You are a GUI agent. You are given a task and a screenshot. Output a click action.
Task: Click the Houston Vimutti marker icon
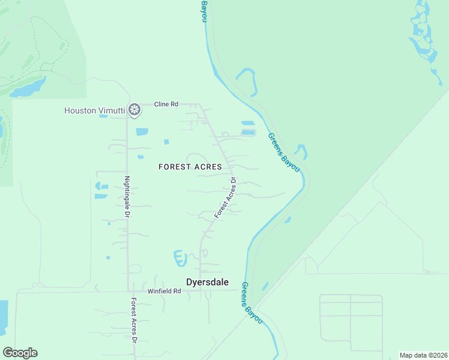pyautogui.click(x=136, y=110)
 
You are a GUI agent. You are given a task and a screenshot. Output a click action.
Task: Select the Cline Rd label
pyautogui.click(x=166, y=104)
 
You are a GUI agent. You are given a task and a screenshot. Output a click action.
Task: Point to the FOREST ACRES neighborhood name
pyautogui.click(x=190, y=167)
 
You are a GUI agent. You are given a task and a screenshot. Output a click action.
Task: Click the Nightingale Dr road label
pyautogui.click(x=127, y=196)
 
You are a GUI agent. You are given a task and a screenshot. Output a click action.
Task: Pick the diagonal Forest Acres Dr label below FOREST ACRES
pyautogui.click(x=226, y=197)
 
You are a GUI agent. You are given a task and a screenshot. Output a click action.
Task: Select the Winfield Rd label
pyautogui.click(x=164, y=291)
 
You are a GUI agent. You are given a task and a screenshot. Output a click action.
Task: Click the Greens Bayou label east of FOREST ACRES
pyautogui.click(x=283, y=152)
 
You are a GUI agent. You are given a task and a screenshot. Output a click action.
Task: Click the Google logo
pyautogui.click(x=20, y=353)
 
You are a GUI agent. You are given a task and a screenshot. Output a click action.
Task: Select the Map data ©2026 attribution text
pyautogui.click(x=423, y=355)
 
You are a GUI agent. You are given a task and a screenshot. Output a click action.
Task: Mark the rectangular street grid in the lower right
pyautogui.click(x=351, y=322)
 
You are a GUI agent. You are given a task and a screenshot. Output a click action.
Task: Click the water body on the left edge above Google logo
pyautogui.click(x=3, y=317)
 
